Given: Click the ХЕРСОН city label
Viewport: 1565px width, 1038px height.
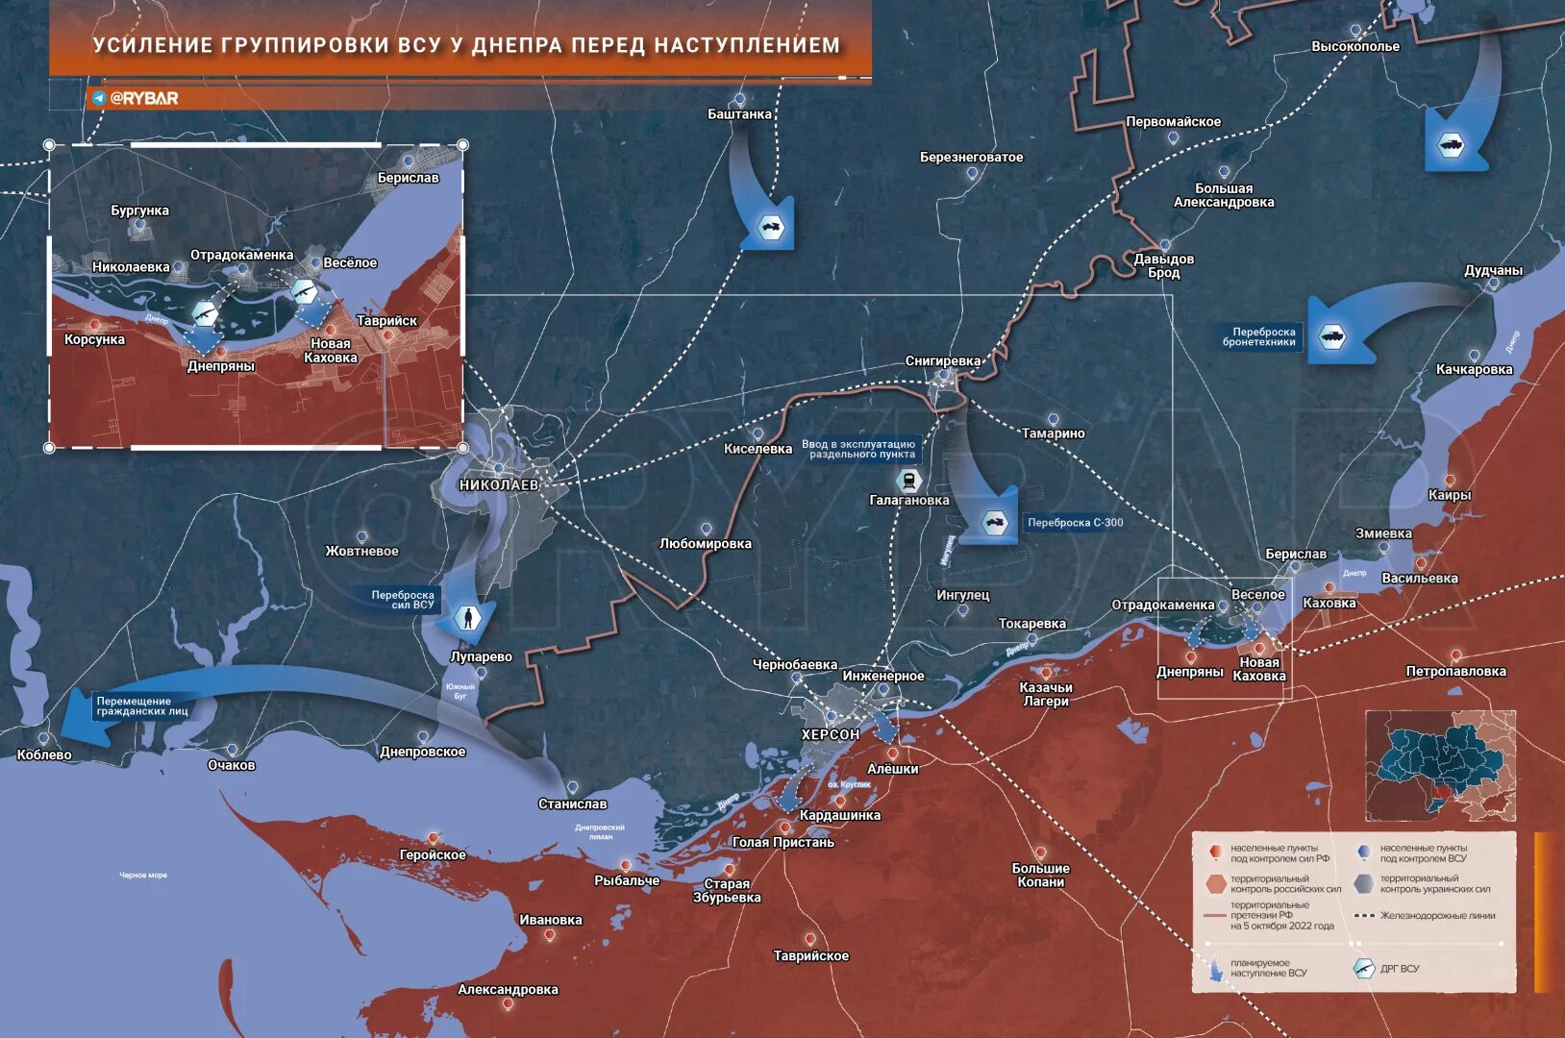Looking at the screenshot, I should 831,734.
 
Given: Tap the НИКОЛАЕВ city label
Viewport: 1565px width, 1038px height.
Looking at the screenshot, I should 499,485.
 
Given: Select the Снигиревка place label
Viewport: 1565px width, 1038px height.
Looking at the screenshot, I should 943,361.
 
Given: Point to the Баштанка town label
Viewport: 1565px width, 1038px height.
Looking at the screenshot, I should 739,114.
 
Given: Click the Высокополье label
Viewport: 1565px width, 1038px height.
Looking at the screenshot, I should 1355,46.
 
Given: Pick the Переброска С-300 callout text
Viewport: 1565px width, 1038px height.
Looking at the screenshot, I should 1075,523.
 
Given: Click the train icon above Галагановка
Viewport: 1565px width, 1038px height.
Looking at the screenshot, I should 908,480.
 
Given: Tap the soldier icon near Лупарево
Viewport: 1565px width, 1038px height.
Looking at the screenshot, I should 468,618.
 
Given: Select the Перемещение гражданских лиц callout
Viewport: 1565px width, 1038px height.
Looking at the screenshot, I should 142,706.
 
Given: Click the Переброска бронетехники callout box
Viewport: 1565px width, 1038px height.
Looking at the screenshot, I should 1258,337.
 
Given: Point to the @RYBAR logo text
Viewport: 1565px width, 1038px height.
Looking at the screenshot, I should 143,98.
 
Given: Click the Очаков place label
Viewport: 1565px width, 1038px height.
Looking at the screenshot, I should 232,765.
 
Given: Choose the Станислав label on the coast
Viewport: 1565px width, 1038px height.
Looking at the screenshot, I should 572,803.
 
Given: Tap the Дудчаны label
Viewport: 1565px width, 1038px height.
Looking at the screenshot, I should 1493,271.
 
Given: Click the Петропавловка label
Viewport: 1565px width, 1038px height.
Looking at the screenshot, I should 1455,671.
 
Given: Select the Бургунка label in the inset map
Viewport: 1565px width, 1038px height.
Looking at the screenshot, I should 139,210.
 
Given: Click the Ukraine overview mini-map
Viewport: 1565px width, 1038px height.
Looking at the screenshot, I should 1440,766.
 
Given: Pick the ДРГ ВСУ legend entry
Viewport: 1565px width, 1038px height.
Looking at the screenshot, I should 1399,969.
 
